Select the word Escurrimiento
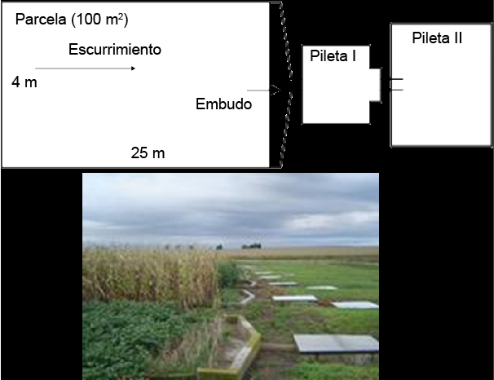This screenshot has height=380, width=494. [114, 50]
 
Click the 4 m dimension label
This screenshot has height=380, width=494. [24, 82]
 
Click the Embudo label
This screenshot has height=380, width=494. [223, 104]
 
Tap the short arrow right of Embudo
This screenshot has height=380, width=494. [258, 91]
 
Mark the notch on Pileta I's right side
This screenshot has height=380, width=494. [375, 83]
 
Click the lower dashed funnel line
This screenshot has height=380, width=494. [284, 130]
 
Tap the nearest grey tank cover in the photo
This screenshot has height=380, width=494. [336, 343]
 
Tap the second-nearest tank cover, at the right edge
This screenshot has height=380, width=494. [356, 305]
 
